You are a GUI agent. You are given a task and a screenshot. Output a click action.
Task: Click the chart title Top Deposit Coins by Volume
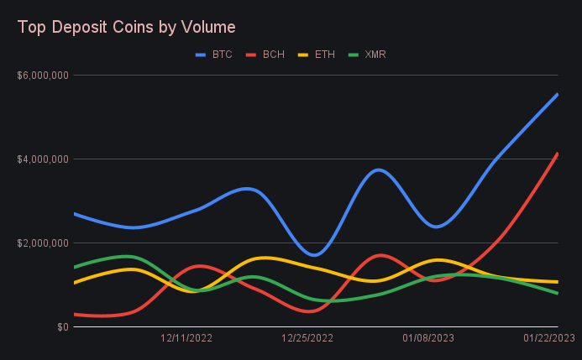[x=126, y=27]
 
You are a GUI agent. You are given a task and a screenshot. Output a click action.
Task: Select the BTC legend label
[x=222, y=55]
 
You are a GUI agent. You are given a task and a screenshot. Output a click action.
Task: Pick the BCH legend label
[x=273, y=55]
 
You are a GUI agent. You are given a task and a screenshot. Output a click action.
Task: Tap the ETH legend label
[x=324, y=55]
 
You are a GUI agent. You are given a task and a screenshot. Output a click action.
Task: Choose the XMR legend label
[x=375, y=55]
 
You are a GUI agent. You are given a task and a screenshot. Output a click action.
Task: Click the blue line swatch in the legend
[x=201, y=55]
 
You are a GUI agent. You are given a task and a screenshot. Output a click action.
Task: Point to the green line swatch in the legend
[x=354, y=55]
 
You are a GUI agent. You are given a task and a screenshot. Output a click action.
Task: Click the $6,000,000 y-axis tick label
[x=42, y=76]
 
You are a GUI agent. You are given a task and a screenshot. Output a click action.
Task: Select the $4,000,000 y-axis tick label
[x=42, y=159]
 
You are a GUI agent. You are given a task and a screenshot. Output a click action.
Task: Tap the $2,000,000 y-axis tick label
[x=42, y=243]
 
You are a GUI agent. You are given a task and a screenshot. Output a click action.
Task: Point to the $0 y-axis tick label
[x=60, y=327]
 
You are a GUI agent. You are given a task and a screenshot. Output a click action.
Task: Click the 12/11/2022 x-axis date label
[x=186, y=338]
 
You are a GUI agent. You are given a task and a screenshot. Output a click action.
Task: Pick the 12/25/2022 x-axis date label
[x=307, y=338]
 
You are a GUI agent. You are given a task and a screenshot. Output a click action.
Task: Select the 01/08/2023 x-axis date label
[x=428, y=338]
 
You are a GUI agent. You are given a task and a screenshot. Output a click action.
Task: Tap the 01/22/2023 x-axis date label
[x=549, y=338]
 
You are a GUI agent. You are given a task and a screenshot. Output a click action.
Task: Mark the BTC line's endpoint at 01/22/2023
[x=557, y=95]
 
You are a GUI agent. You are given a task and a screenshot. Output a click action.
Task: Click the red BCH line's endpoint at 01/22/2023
[x=557, y=154]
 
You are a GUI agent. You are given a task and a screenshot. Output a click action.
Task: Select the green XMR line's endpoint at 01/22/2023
[x=557, y=293]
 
